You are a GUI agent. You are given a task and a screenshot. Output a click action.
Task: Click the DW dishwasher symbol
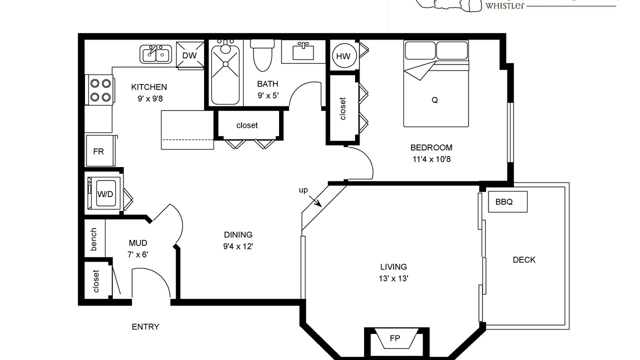click(x=190, y=55)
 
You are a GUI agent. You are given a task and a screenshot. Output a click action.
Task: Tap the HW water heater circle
click(x=344, y=55)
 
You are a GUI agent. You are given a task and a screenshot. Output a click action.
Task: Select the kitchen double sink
click(x=155, y=54)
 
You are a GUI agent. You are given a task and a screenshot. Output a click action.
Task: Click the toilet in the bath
click(x=262, y=55)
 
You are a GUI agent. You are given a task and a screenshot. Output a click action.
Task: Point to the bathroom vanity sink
click(x=303, y=51)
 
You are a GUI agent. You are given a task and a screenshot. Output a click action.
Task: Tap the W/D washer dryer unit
click(x=104, y=193)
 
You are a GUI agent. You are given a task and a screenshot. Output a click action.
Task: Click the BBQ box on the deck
click(x=507, y=201)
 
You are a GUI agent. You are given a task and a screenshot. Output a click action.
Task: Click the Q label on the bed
click(x=434, y=100)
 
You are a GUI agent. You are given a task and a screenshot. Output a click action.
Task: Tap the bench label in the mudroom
click(x=93, y=239)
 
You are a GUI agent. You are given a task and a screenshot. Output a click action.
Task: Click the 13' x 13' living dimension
click(x=393, y=278)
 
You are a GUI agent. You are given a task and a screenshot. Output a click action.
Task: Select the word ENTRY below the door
click(x=145, y=326)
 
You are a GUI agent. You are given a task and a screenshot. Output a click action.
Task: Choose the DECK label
click(x=524, y=259)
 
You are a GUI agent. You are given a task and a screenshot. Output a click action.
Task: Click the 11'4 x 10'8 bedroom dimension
click(x=431, y=159)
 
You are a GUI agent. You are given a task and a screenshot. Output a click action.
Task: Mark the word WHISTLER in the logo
click(x=505, y=5)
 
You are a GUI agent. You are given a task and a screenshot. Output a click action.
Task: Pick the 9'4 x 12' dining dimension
click(x=238, y=246)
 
